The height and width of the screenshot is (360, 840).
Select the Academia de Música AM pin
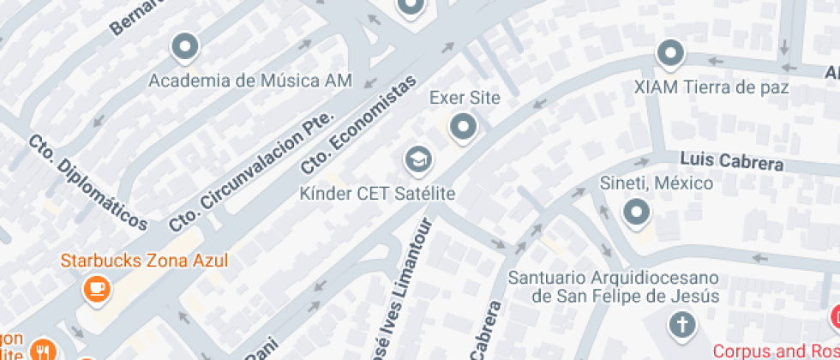tap(184, 47)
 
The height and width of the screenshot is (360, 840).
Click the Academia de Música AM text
tap(249, 81)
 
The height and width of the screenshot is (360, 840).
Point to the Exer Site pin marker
tap(464, 128)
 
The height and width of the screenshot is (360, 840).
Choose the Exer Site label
tap(464, 98)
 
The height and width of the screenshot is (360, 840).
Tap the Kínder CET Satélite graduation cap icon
tap(417, 159)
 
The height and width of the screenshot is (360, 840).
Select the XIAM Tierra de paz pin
tap(670, 54)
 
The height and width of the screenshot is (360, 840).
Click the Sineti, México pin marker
tap(636, 211)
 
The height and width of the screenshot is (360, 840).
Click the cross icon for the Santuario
tap(681, 325)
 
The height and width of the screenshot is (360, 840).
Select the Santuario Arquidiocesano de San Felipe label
tap(612, 287)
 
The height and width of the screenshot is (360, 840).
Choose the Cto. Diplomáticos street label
tap(88, 182)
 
